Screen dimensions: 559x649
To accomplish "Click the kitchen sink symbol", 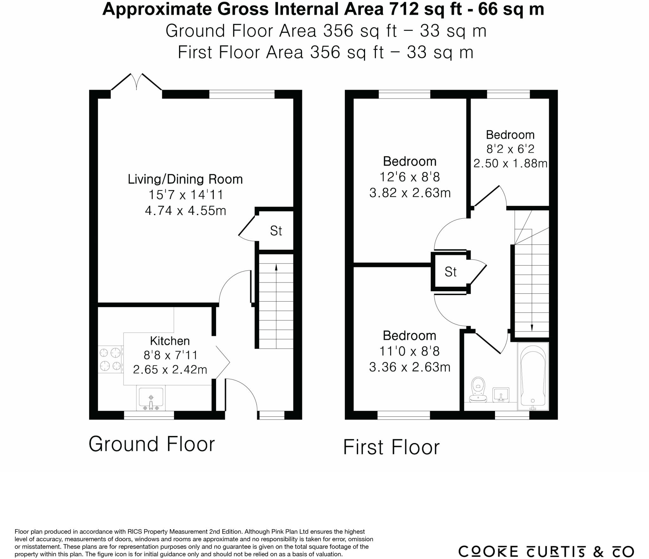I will [151, 398].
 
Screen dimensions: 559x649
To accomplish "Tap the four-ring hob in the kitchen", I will [110, 359].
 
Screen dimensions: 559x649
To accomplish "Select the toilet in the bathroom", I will [478, 390].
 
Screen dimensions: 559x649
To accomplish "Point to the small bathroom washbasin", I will [501, 395].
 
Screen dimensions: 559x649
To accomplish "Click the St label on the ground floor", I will [276, 231].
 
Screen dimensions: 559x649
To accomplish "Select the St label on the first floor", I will [450, 272].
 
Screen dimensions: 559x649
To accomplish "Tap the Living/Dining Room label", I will [185, 179].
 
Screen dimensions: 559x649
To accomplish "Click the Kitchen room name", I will [170, 341].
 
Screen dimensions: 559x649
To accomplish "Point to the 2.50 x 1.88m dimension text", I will [510, 164].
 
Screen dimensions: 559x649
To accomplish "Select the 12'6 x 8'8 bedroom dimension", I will [409, 177].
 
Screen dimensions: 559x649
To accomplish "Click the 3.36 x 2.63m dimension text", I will [409, 367].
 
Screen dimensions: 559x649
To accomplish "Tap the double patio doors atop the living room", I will [137, 83].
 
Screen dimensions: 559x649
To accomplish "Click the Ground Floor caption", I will [151, 444].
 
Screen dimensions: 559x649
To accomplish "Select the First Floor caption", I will [391, 447].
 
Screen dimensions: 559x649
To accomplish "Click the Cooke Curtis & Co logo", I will [546, 551].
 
